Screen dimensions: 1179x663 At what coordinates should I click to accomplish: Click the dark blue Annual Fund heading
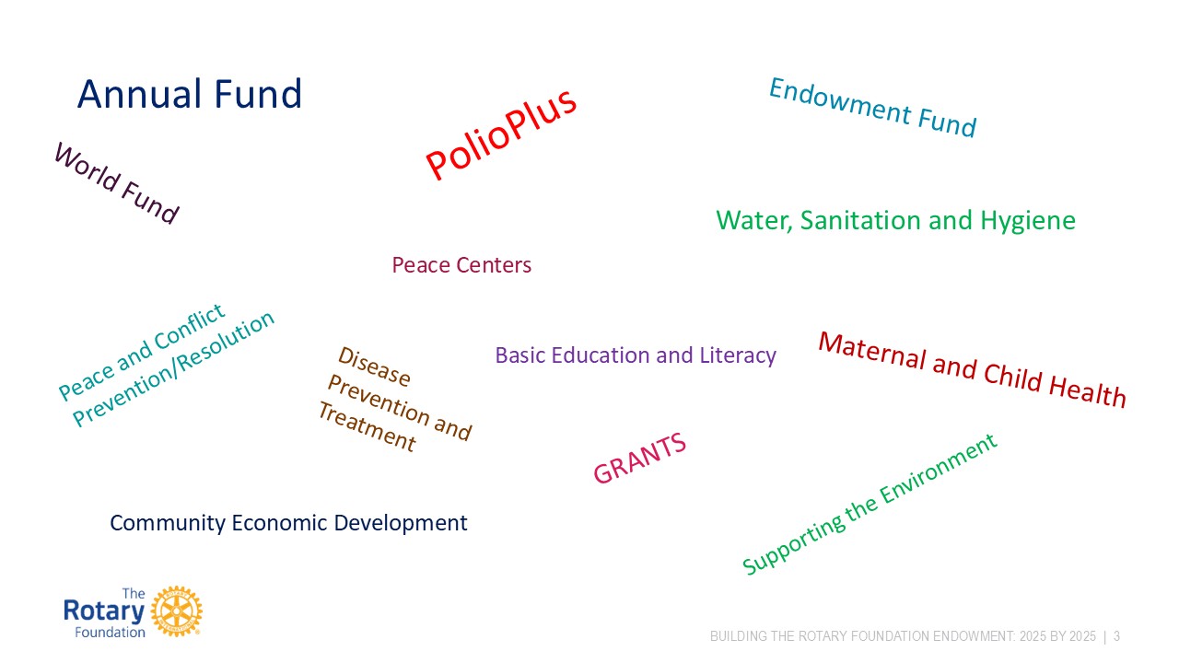click(x=190, y=94)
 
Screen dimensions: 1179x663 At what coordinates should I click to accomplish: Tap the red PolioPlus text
click(x=500, y=134)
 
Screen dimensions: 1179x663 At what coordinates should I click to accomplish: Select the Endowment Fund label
click(x=872, y=108)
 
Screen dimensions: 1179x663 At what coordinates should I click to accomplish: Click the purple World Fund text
click(x=117, y=182)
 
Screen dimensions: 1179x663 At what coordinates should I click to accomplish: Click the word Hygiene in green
click(x=1028, y=221)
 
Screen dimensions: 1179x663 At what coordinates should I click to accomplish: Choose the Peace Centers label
click(x=461, y=264)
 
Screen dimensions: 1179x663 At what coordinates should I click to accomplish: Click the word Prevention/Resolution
click(x=174, y=369)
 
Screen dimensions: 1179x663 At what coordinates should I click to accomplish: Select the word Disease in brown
click(x=374, y=366)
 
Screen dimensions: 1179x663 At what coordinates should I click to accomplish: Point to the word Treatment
click(x=368, y=426)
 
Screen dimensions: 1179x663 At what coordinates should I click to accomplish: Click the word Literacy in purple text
click(x=738, y=355)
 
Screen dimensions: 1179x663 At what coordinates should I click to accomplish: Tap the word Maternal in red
click(x=871, y=350)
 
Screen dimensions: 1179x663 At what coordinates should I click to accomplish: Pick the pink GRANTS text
click(x=640, y=458)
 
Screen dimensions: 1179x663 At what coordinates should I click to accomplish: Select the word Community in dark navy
click(x=168, y=523)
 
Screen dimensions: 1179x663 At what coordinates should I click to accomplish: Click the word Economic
click(x=279, y=522)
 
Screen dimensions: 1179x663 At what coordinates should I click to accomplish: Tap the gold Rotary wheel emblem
click(x=176, y=611)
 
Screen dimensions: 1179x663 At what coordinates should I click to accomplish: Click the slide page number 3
click(x=1117, y=636)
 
